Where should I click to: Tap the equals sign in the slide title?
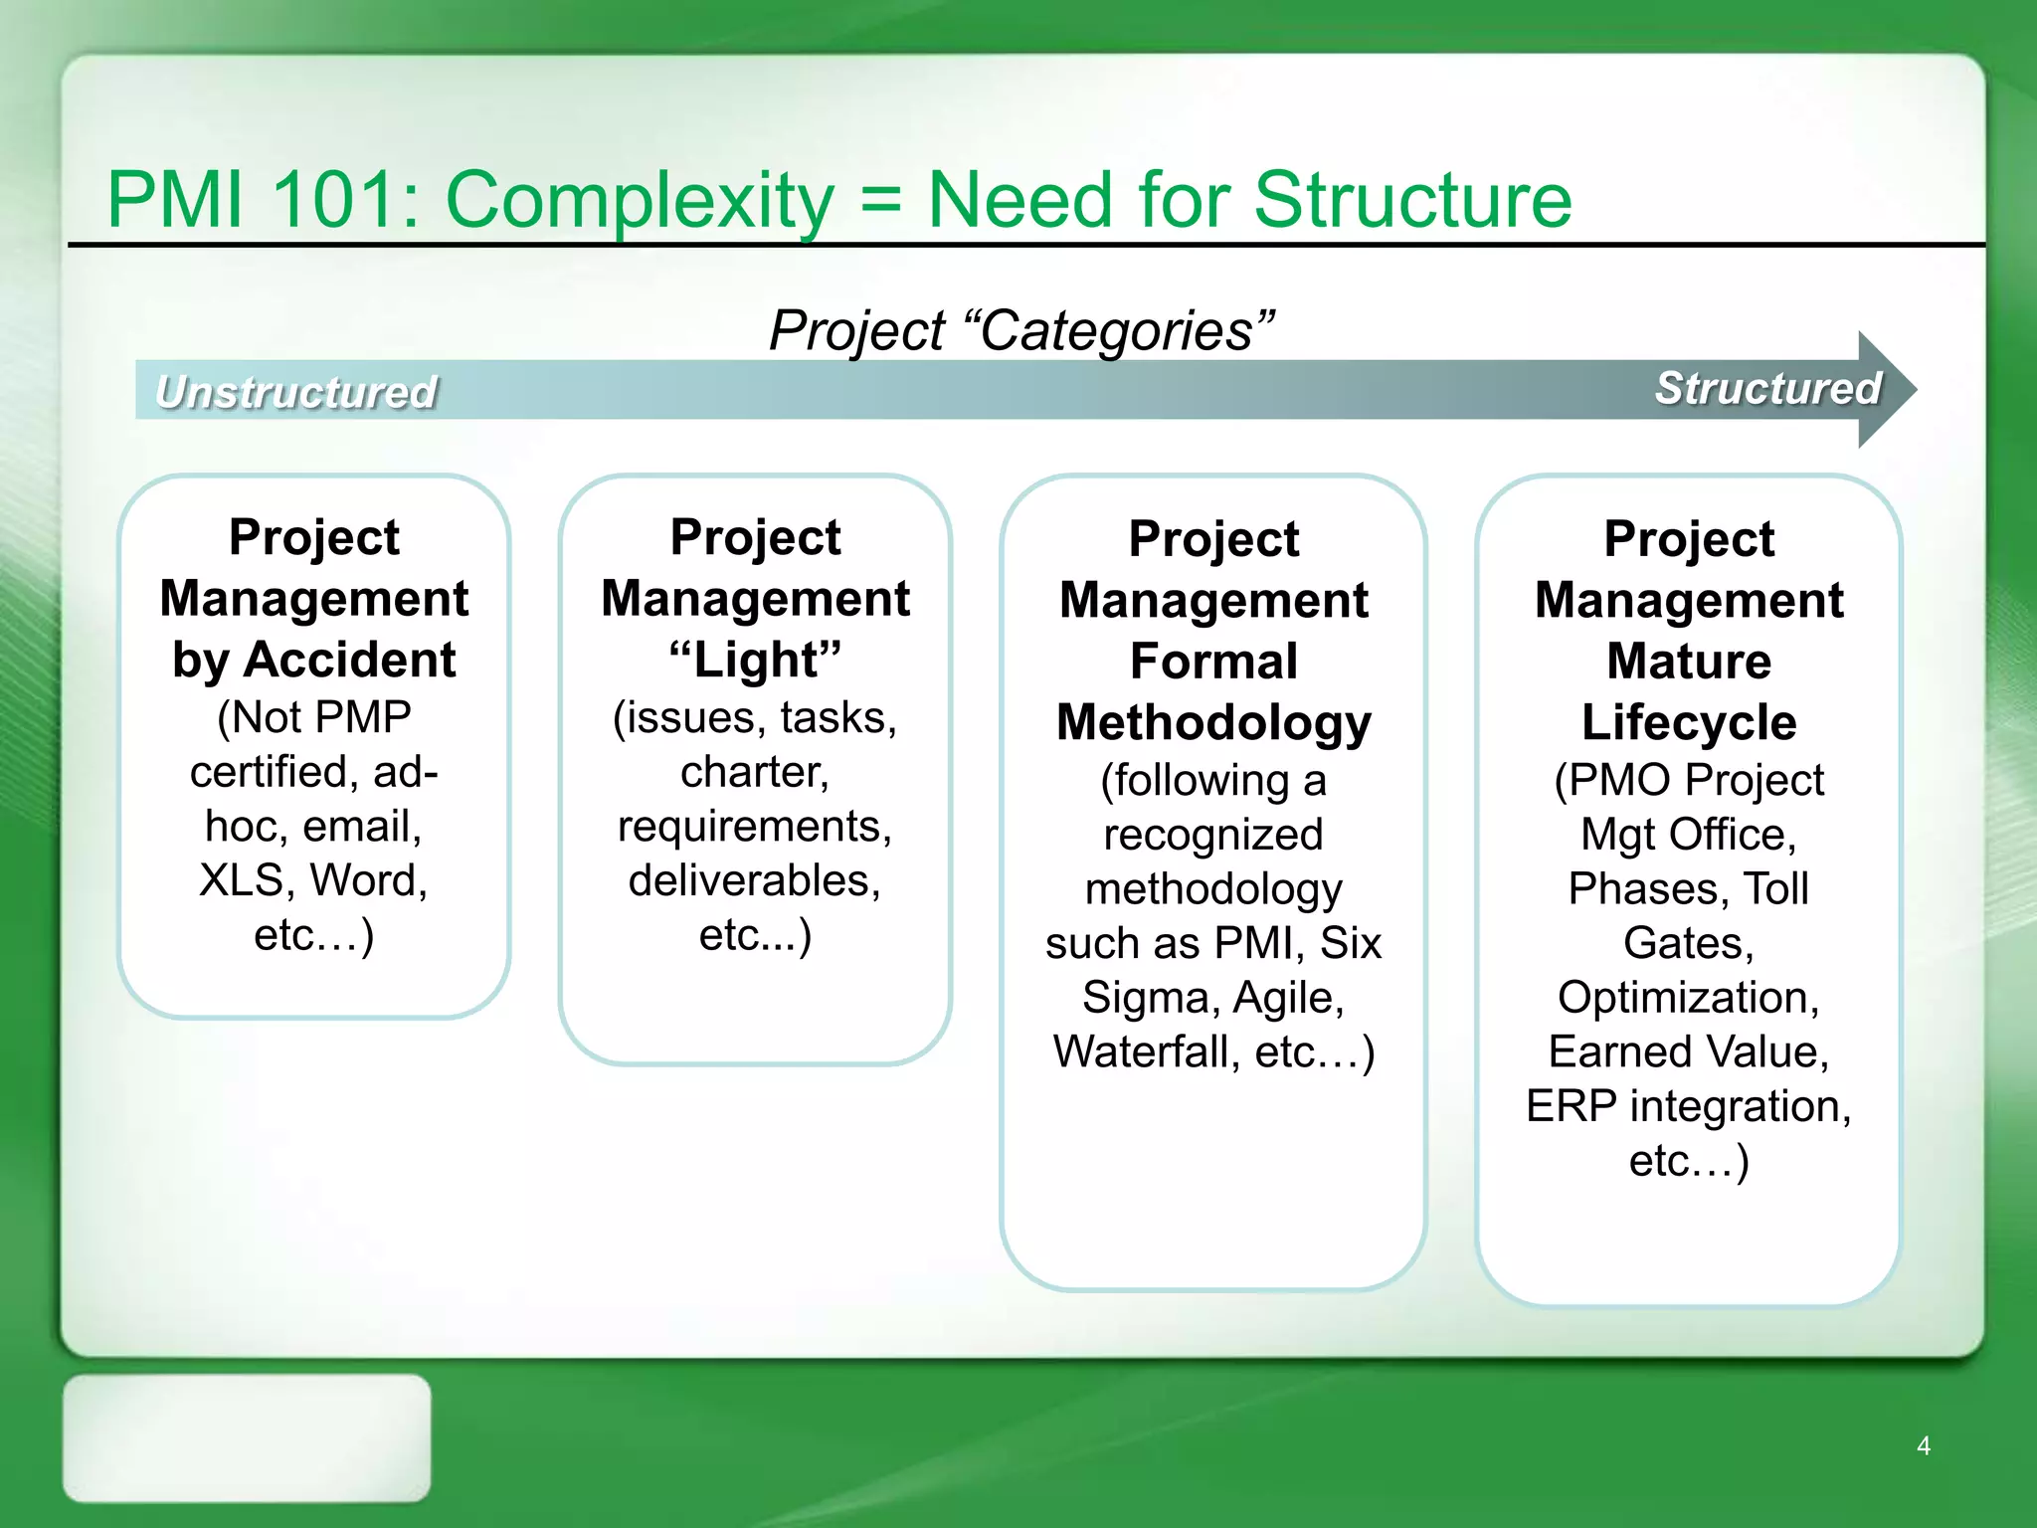(880, 199)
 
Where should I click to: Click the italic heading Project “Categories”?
(1020, 330)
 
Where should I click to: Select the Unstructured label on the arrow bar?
(296, 392)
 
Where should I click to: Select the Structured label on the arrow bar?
(1767, 388)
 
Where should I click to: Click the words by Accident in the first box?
(313, 661)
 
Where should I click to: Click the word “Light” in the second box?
(755, 661)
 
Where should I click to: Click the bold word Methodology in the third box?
(1213, 723)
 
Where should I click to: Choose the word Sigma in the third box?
(1143, 998)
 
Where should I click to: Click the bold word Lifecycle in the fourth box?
(1689, 723)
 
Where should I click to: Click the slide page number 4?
(1923, 1445)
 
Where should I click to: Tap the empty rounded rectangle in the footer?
(247, 1437)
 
